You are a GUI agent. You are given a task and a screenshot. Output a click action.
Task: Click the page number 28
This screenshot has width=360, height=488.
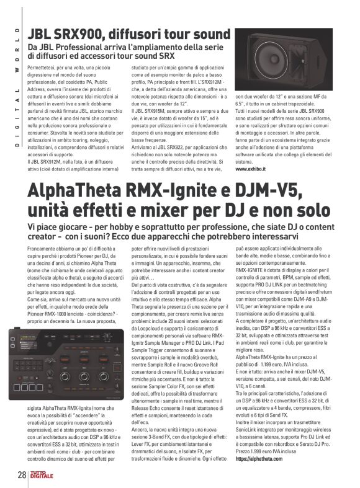click(x=20, y=477)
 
